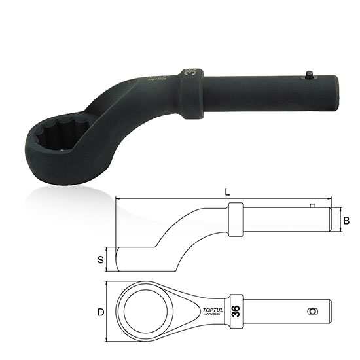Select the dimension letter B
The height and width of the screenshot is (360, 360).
click(x=346, y=221)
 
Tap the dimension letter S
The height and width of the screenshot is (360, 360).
click(x=101, y=259)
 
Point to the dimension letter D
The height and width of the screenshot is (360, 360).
click(x=101, y=312)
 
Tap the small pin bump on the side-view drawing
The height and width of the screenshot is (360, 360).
click(x=314, y=207)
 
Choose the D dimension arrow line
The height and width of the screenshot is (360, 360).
click(x=109, y=312)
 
